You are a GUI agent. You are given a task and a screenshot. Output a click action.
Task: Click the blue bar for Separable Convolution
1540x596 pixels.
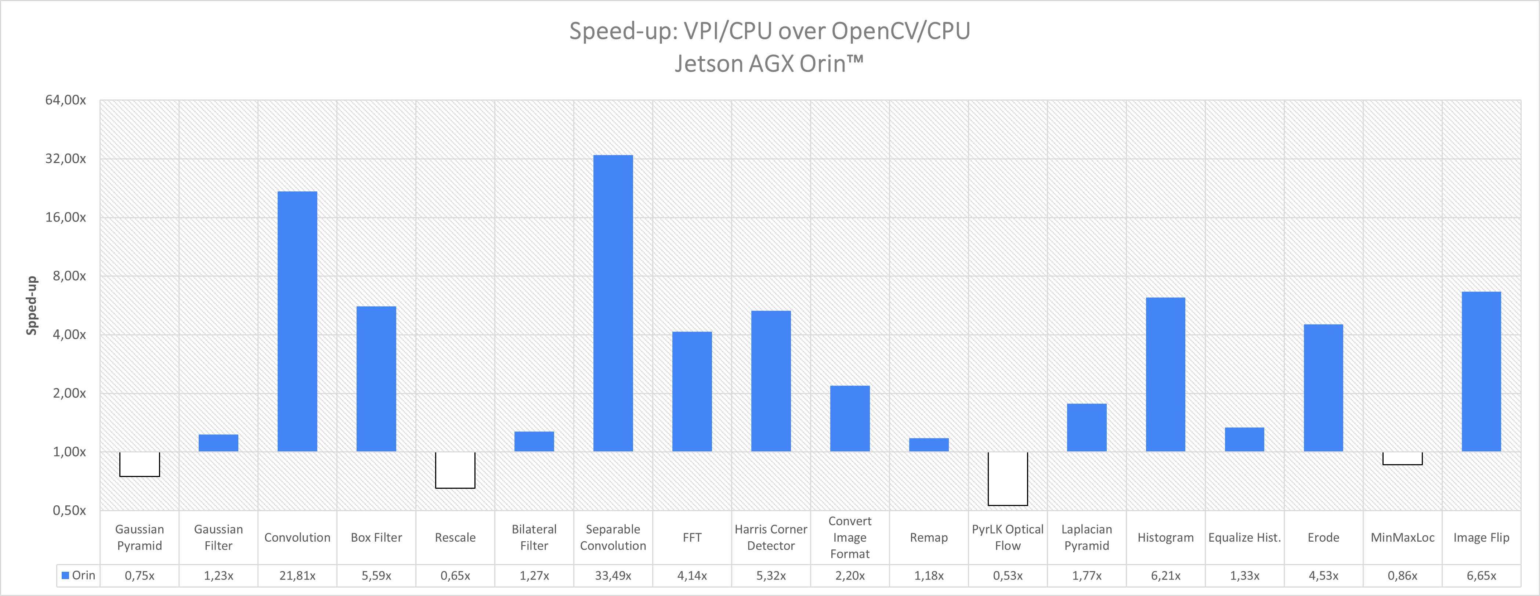tap(613, 303)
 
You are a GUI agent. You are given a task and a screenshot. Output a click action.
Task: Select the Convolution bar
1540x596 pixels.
tap(297, 321)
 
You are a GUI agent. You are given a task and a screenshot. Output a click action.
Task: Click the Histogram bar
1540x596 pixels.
tap(1165, 374)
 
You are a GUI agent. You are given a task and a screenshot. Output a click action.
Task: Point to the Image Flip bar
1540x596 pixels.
tap(1481, 371)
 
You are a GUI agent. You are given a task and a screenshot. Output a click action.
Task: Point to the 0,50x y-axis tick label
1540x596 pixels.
tap(69, 510)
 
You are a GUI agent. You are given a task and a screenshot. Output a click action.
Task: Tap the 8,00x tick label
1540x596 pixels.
tap(69, 275)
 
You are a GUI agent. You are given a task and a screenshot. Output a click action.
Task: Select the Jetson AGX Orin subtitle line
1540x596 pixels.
tap(769, 64)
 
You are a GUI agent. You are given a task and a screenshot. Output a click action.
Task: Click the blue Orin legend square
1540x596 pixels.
tap(65, 575)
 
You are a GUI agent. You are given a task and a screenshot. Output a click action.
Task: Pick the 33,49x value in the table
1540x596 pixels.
tap(613, 576)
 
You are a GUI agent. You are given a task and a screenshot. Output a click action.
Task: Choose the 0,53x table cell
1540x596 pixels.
tap(1007, 576)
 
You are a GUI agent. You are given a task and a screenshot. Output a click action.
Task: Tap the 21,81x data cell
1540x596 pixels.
tap(297, 576)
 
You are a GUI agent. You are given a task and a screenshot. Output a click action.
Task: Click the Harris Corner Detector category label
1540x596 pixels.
tap(771, 537)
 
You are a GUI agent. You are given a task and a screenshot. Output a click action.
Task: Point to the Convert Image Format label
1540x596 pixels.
tap(850, 537)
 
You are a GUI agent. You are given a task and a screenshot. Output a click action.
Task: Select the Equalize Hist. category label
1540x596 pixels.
tap(1244, 537)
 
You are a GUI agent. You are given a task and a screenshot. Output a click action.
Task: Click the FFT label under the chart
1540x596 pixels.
tap(692, 537)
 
